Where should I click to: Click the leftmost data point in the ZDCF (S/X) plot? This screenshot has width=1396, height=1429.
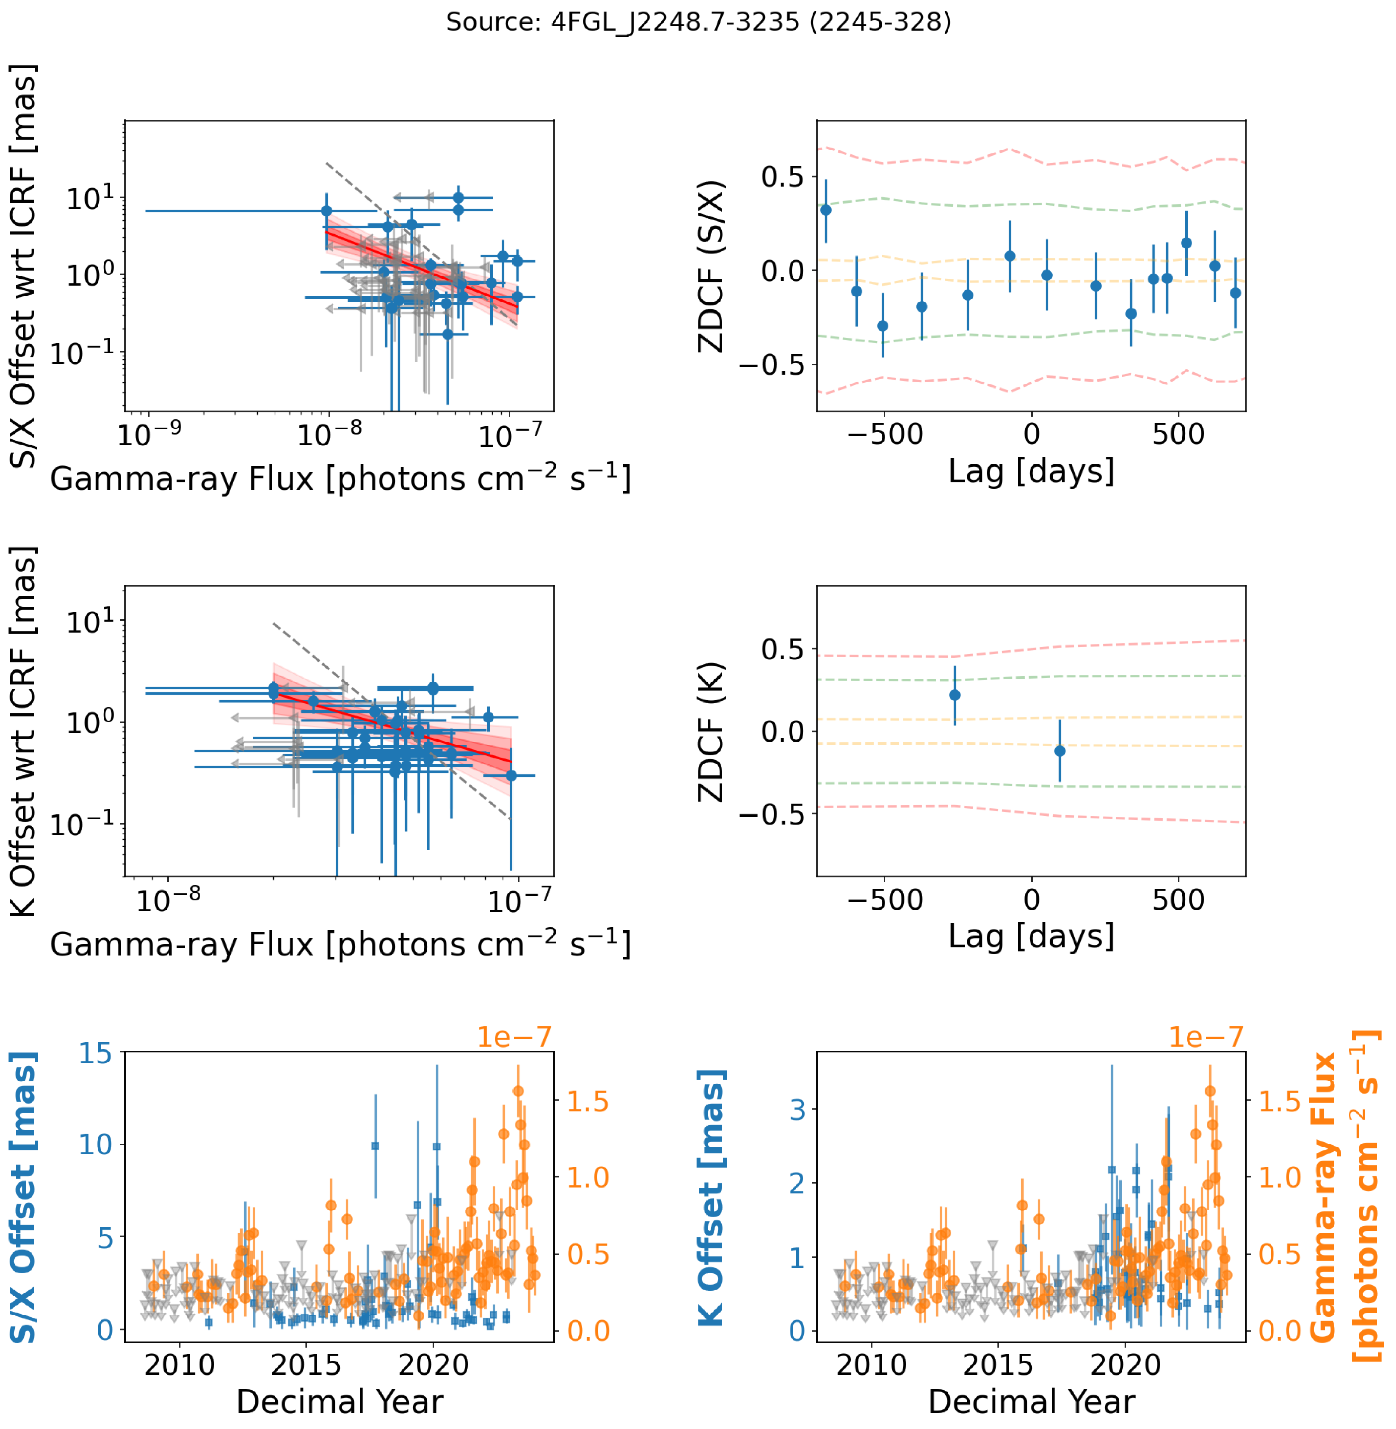click(825, 210)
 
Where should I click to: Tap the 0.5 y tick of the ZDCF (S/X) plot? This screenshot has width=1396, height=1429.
click(782, 177)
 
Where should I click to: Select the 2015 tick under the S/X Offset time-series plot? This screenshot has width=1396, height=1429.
click(306, 1365)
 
